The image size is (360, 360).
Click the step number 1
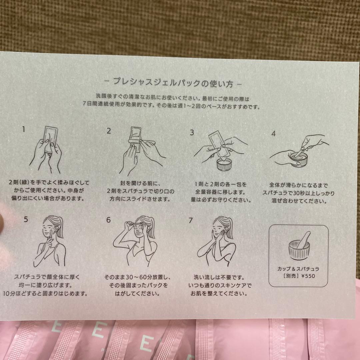coord(23,129)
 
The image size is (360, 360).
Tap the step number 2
coord(109,131)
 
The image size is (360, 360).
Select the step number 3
coord(192,132)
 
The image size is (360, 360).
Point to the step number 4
coord(273,134)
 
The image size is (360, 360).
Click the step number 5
coord(26,219)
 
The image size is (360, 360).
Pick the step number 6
coord(108,220)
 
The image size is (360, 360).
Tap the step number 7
coord(191,220)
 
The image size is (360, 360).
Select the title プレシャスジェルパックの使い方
coord(173,82)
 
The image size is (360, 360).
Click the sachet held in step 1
coord(51,140)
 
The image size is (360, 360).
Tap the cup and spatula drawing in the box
coord(299,245)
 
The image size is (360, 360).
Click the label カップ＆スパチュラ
coord(298,269)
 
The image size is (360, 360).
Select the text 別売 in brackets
coord(291,276)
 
